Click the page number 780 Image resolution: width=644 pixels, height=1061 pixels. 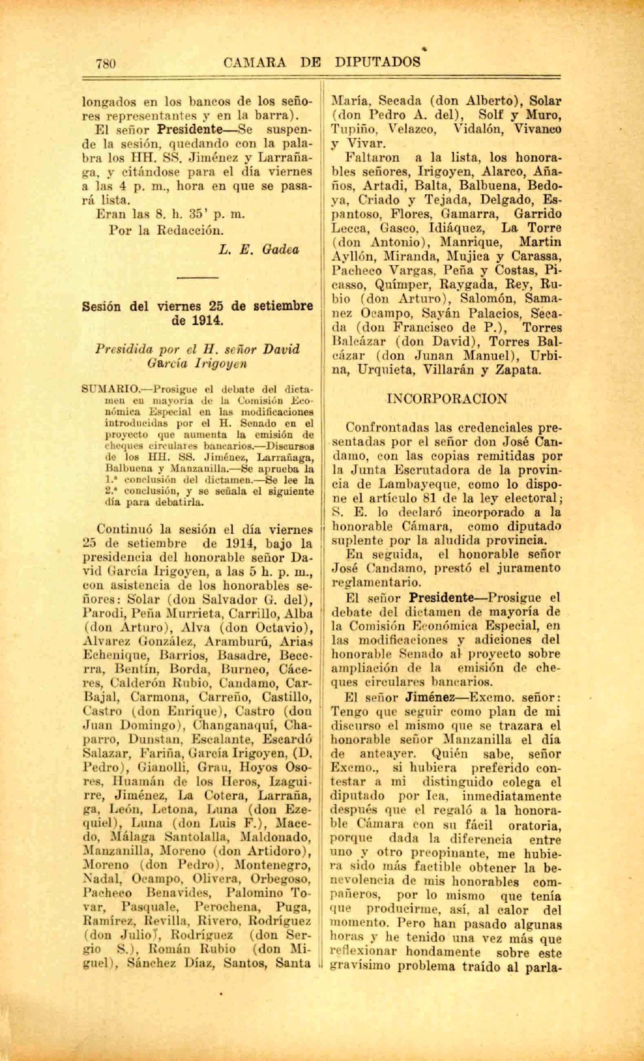click(106, 63)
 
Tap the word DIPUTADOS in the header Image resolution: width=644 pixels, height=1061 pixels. click(378, 62)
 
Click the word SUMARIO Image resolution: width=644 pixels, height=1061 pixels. click(109, 390)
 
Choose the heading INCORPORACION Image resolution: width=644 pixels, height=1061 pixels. click(447, 399)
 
